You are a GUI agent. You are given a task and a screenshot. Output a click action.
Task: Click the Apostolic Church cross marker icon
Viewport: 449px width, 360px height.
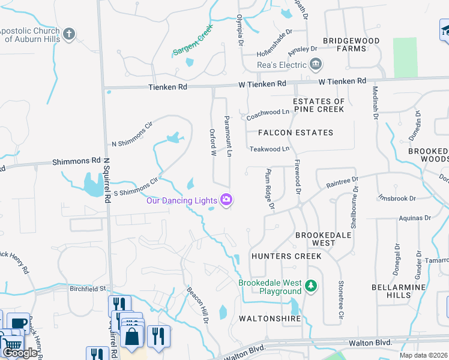tap(69, 34)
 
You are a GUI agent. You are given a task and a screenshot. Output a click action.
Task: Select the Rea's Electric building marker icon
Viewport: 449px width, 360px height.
tap(316, 64)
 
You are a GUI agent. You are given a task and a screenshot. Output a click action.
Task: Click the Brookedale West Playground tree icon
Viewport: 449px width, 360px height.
tap(310, 284)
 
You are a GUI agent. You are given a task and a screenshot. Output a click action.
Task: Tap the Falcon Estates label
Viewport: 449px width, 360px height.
tap(295, 133)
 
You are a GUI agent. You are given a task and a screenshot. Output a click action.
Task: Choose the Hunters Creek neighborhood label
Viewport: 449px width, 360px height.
tap(286, 256)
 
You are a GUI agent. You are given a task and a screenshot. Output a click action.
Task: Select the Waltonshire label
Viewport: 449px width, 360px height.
tap(270, 319)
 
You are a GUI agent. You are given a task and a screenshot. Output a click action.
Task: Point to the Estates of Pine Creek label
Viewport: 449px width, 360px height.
tap(319, 105)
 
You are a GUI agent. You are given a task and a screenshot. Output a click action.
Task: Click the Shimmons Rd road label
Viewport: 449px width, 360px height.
tap(76, 161)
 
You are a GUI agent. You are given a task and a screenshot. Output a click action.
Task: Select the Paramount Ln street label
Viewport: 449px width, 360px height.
tap(228, 137)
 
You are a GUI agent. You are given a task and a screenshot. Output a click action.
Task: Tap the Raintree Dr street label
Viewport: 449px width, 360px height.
tap(342, 179)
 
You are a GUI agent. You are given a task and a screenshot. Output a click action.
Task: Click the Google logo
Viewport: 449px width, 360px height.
tap(20, 353)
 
